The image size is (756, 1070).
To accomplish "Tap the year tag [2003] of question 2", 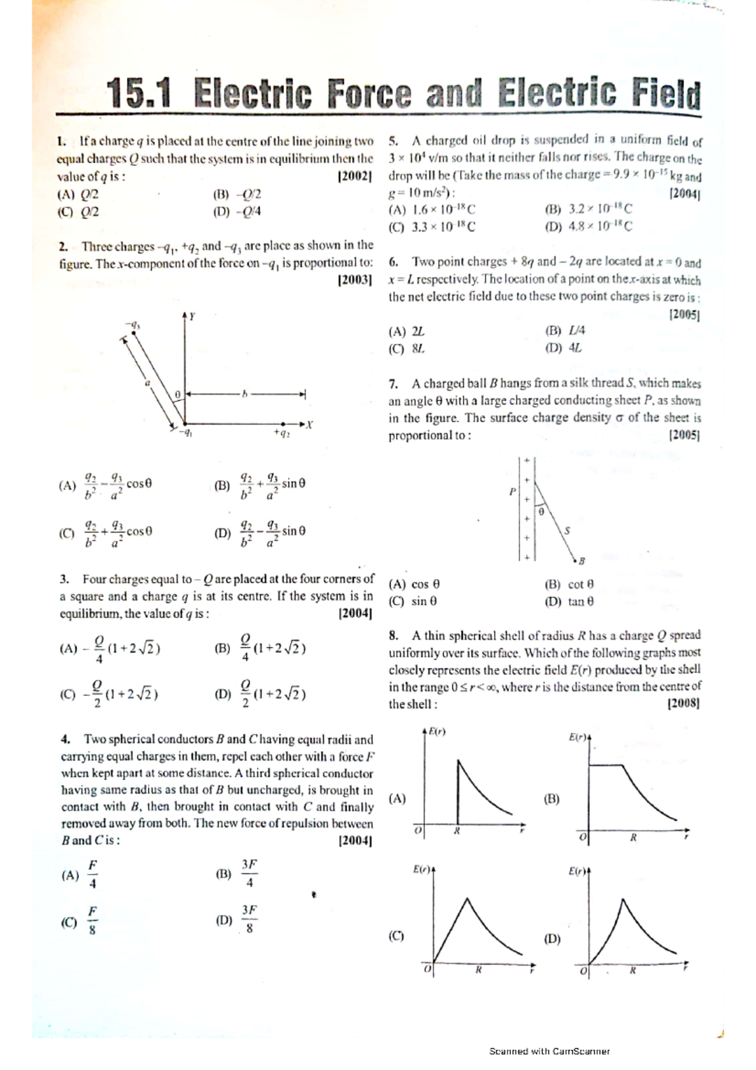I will pyautogui.click(x=355, y=279).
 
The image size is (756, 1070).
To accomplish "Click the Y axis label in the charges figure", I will pyautogui.click(x=192, y=316).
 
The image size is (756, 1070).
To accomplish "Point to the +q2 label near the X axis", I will pyautogui.click(x=282, y=434).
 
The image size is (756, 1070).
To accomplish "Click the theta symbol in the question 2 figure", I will pyautogui.click(x=178, y=394).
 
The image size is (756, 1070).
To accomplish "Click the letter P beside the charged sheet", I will pyautogui.click(x=512, y=491).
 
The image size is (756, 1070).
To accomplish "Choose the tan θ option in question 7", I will pyautogui.click(x=570, y=602).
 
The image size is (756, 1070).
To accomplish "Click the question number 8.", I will pyautogui.click(x=393, y=636).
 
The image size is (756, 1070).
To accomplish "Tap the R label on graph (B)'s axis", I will pyautogui.click(x=633, y=837).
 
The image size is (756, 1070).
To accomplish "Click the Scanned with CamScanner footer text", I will pyautogui.click(x=549, y=1051).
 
